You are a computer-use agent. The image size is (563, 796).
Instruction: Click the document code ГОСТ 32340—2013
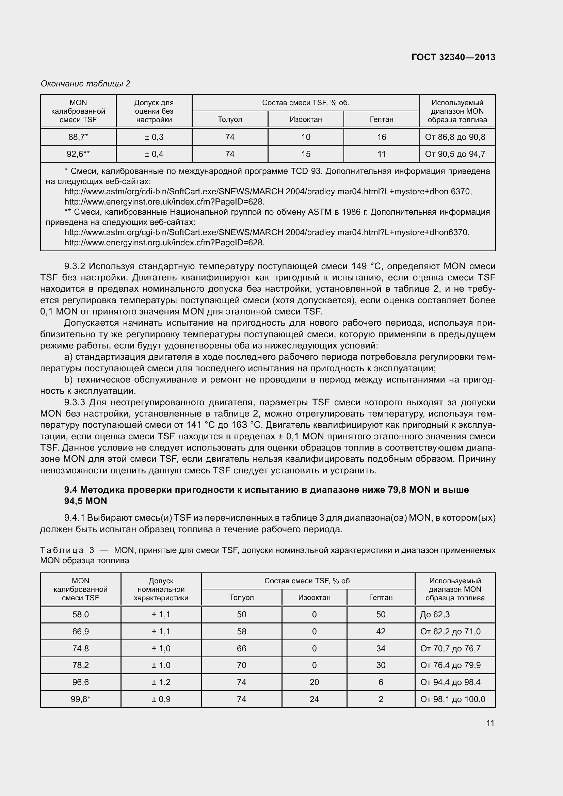coord(453,57)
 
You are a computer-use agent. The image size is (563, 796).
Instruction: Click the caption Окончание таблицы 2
coord(85,84)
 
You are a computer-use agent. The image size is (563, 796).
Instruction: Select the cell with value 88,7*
coord(78,137)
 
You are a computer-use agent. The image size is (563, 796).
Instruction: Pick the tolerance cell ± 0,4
coord(154,154)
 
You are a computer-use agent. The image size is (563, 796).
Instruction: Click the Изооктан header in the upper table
coord(305,119)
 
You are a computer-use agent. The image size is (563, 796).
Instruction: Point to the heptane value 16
coord(381,137)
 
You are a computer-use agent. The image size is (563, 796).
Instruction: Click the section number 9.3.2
coord(75,266)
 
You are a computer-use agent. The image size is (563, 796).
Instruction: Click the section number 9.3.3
coord(75,403)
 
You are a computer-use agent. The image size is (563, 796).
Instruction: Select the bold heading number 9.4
coord(71,490)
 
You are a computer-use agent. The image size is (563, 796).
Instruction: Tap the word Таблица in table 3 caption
coord(62,550)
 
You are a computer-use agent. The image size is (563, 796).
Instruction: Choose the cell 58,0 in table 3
coord(80,615)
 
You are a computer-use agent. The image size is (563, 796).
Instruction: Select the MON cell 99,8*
coord(80,699)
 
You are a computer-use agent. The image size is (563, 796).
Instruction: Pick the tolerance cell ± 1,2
coord(161,682)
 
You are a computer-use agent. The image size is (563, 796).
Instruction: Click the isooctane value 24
coord(314,699)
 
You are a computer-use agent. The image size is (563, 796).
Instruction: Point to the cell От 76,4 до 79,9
coord(450,665)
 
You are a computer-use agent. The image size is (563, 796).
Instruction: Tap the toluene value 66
coord(241,648)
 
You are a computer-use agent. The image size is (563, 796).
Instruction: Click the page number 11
coord(490,723)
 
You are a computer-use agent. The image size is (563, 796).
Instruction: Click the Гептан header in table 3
coord(381,597)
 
